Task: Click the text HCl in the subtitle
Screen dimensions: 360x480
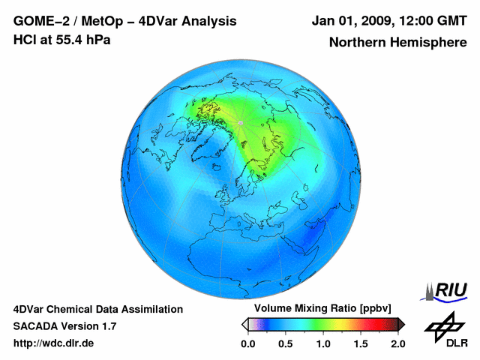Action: point(24,40)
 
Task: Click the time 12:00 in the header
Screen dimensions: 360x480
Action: point(416,21)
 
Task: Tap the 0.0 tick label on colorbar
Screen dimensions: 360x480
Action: point(247,343)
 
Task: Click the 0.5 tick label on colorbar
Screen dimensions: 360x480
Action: point(285,343)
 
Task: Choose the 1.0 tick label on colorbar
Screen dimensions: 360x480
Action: point(322,343)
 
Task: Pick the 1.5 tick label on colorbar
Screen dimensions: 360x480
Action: point(361,343)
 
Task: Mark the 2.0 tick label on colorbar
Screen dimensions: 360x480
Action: point(397,343)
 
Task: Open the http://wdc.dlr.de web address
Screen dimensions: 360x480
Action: point(54,343)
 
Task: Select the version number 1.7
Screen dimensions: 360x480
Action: point(107,326)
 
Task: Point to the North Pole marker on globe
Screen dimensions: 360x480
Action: point(240,122)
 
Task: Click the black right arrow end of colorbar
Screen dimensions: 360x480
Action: point(401,324)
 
